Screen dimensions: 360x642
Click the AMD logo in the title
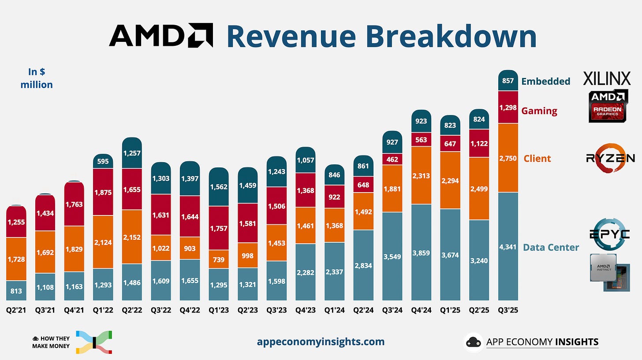click(x=161, y=36)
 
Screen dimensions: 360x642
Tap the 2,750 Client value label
click(x=508, y=158)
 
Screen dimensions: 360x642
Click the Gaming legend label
click(x=539, y=111)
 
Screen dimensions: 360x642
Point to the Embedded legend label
click(x=545, y=81)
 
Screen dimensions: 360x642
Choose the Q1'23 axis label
click(x=219, y=310)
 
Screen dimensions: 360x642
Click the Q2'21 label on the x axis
click(x=17, y=310)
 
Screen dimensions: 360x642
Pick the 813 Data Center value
click(x=17, y=291)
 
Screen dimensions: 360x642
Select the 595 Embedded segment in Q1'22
click(x=103, y=161)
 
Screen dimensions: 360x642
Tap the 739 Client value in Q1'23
click(x=219, y=260)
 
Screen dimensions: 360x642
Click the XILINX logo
click(x=607, y=78)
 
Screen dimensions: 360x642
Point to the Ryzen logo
click(x=610, y=158)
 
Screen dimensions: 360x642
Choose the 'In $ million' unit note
click(x=37, y=78)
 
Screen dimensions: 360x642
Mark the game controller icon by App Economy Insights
click(x=473, y=342)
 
